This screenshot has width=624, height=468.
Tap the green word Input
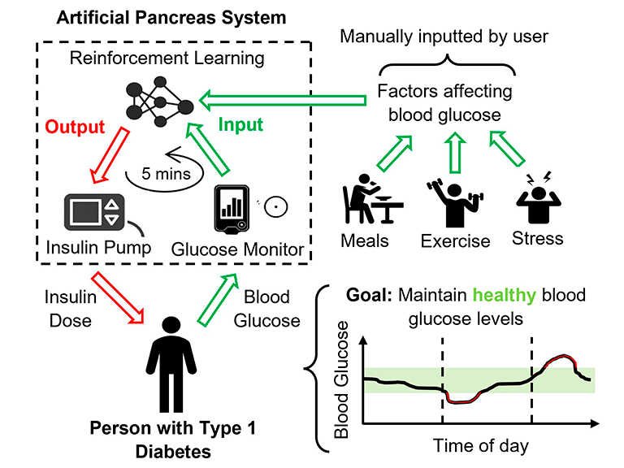pos(242,124)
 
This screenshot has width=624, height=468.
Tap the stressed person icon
pos(537,199)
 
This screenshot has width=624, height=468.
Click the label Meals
pos(364,240)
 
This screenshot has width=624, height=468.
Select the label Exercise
pos(455,241)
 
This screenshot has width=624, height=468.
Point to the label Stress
pos(537,239)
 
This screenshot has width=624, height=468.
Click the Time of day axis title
pos(480,444)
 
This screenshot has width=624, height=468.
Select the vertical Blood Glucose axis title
pos(342,379)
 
